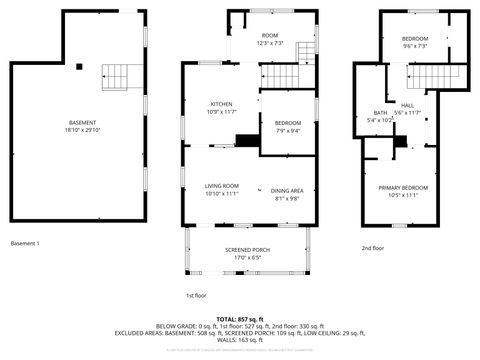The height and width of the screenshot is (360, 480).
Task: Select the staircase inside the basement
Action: pyautogui.click(x=116, y=74)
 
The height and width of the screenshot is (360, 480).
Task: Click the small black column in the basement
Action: pyautogui.click(x=79, y=67)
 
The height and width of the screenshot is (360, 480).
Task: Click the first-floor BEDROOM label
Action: pyautogui.click(x=287, y=122)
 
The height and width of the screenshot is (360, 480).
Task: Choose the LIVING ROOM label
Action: pyautogui.click(x=222, y=186)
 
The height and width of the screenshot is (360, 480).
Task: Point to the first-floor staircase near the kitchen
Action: pyautogui.click(x=285, y=75)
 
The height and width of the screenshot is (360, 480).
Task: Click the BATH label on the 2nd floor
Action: pyautogui.click(x=381, y=113)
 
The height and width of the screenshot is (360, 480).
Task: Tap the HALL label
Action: pyautogui.click(x=407, y=105)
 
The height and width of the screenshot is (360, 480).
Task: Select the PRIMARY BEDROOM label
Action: pyautogui.click(x=403, y=188)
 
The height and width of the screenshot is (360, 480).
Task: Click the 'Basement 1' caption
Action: pyautogui.click(x=25, y=244)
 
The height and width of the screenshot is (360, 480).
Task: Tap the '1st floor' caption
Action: pyautogui.click(x=196, y=296)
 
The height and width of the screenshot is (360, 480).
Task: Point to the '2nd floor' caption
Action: pyautogui.click(x=373, y=248)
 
